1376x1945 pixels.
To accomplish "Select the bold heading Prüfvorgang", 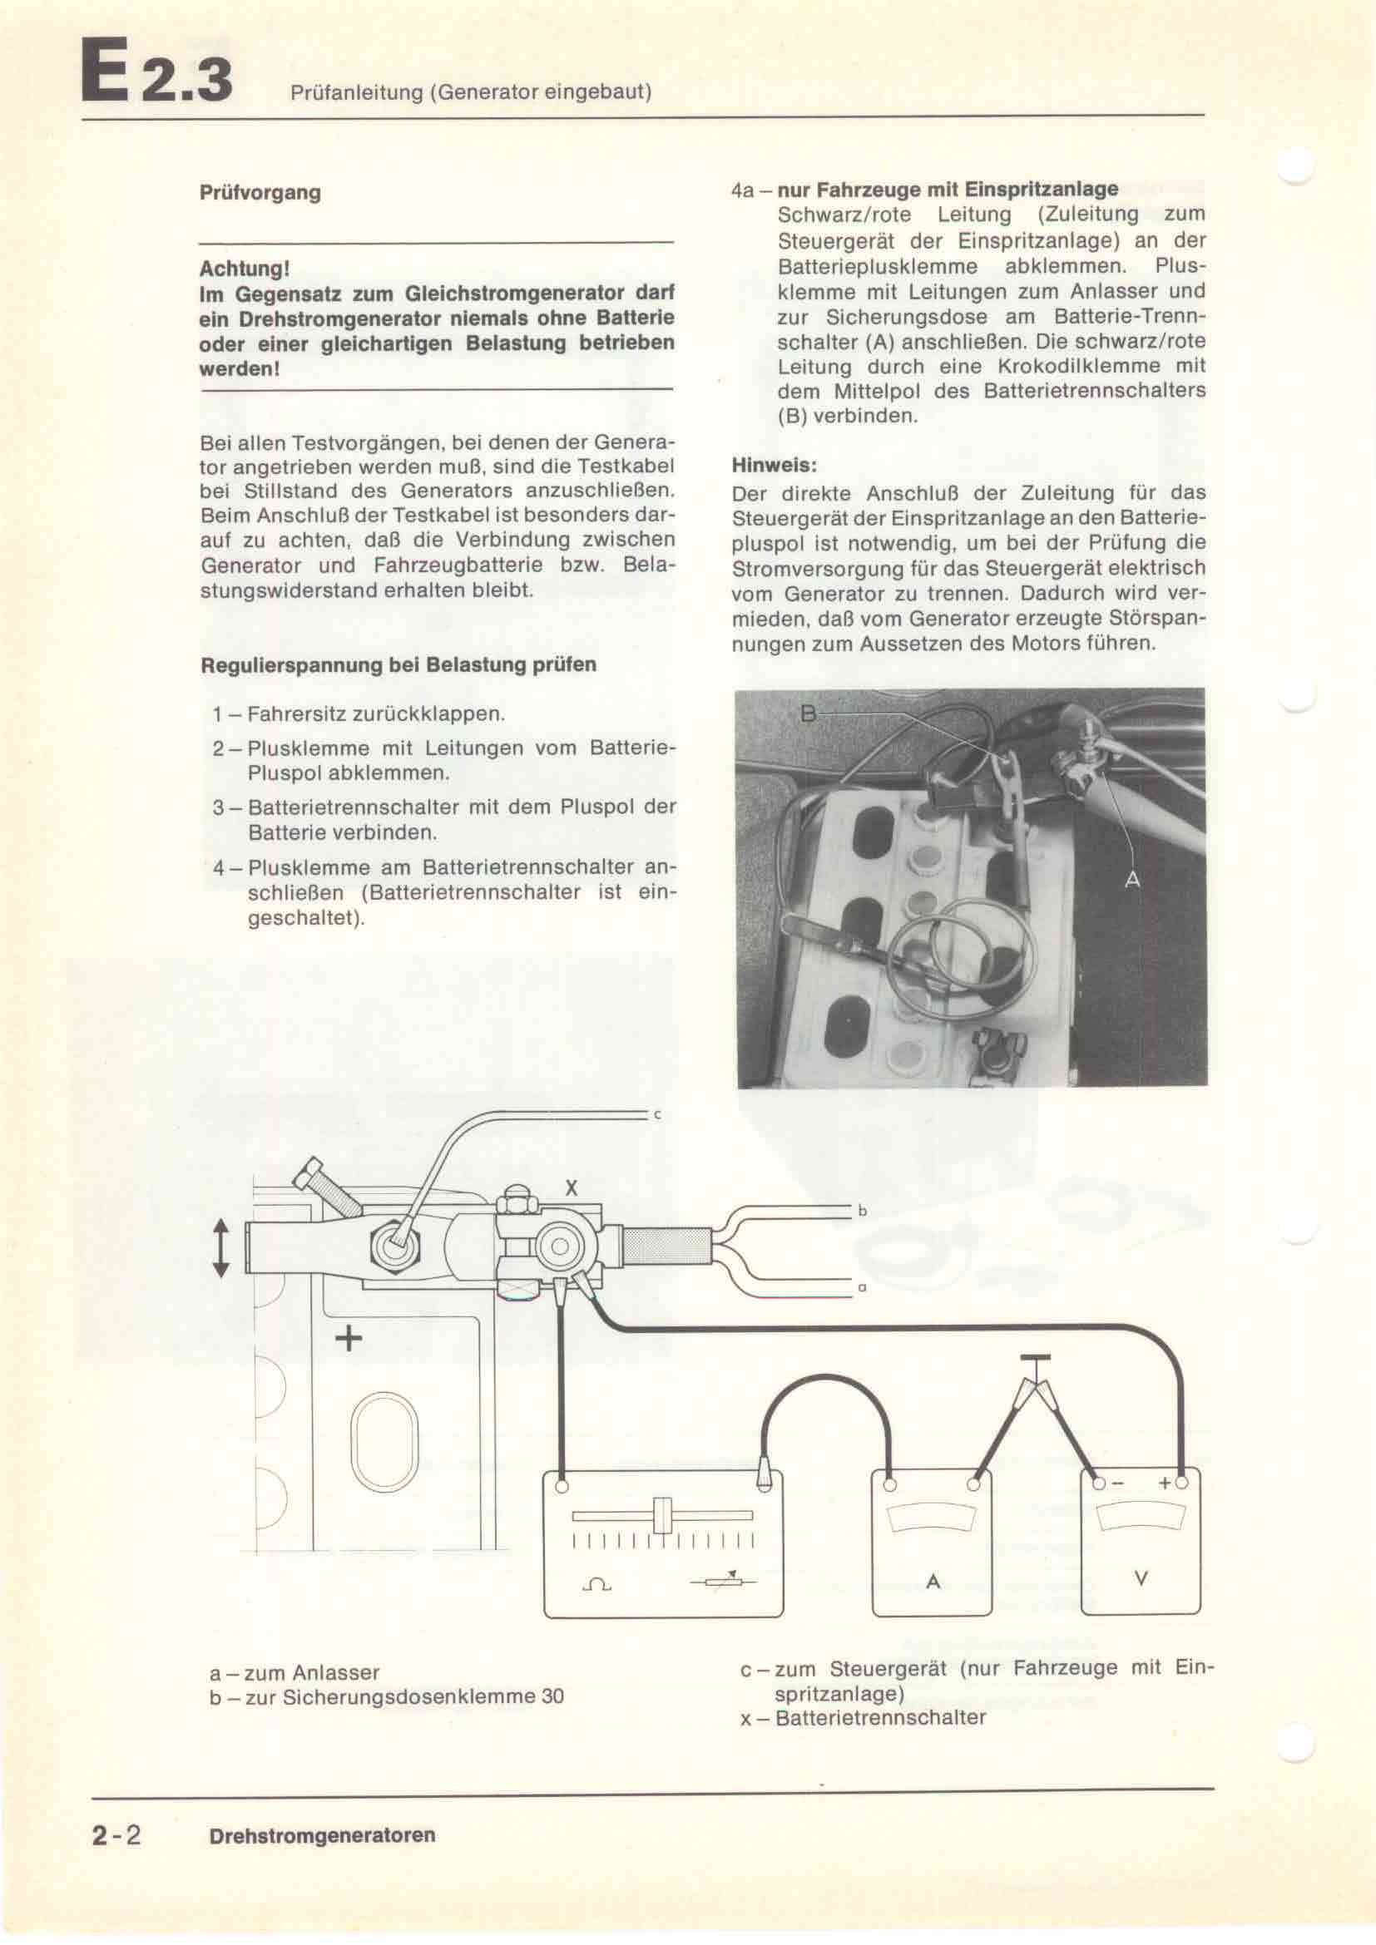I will tap(260, 193).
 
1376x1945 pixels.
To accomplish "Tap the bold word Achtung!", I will tap(244, 269).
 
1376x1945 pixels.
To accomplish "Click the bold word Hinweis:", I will tap(774, 465).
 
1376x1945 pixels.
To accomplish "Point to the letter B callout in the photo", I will tap(809, 714).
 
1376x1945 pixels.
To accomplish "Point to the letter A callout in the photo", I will tap(1132, 880).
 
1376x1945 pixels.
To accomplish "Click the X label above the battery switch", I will tap(571, 1188).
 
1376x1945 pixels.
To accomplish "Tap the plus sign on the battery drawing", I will tap(349, 1339).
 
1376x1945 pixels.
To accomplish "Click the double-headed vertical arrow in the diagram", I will tap(220, 1249).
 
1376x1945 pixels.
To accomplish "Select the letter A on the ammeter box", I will tap(933, 1582).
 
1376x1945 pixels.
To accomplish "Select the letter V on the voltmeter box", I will tap(1141, 1579).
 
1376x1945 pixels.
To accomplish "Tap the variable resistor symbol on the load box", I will tap(723, 1581).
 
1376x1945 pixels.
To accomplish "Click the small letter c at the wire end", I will tap(656, 1116).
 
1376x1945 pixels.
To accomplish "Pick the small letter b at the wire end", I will tap(863, 1212).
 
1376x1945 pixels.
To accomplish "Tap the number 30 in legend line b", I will tap(552, 1697).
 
